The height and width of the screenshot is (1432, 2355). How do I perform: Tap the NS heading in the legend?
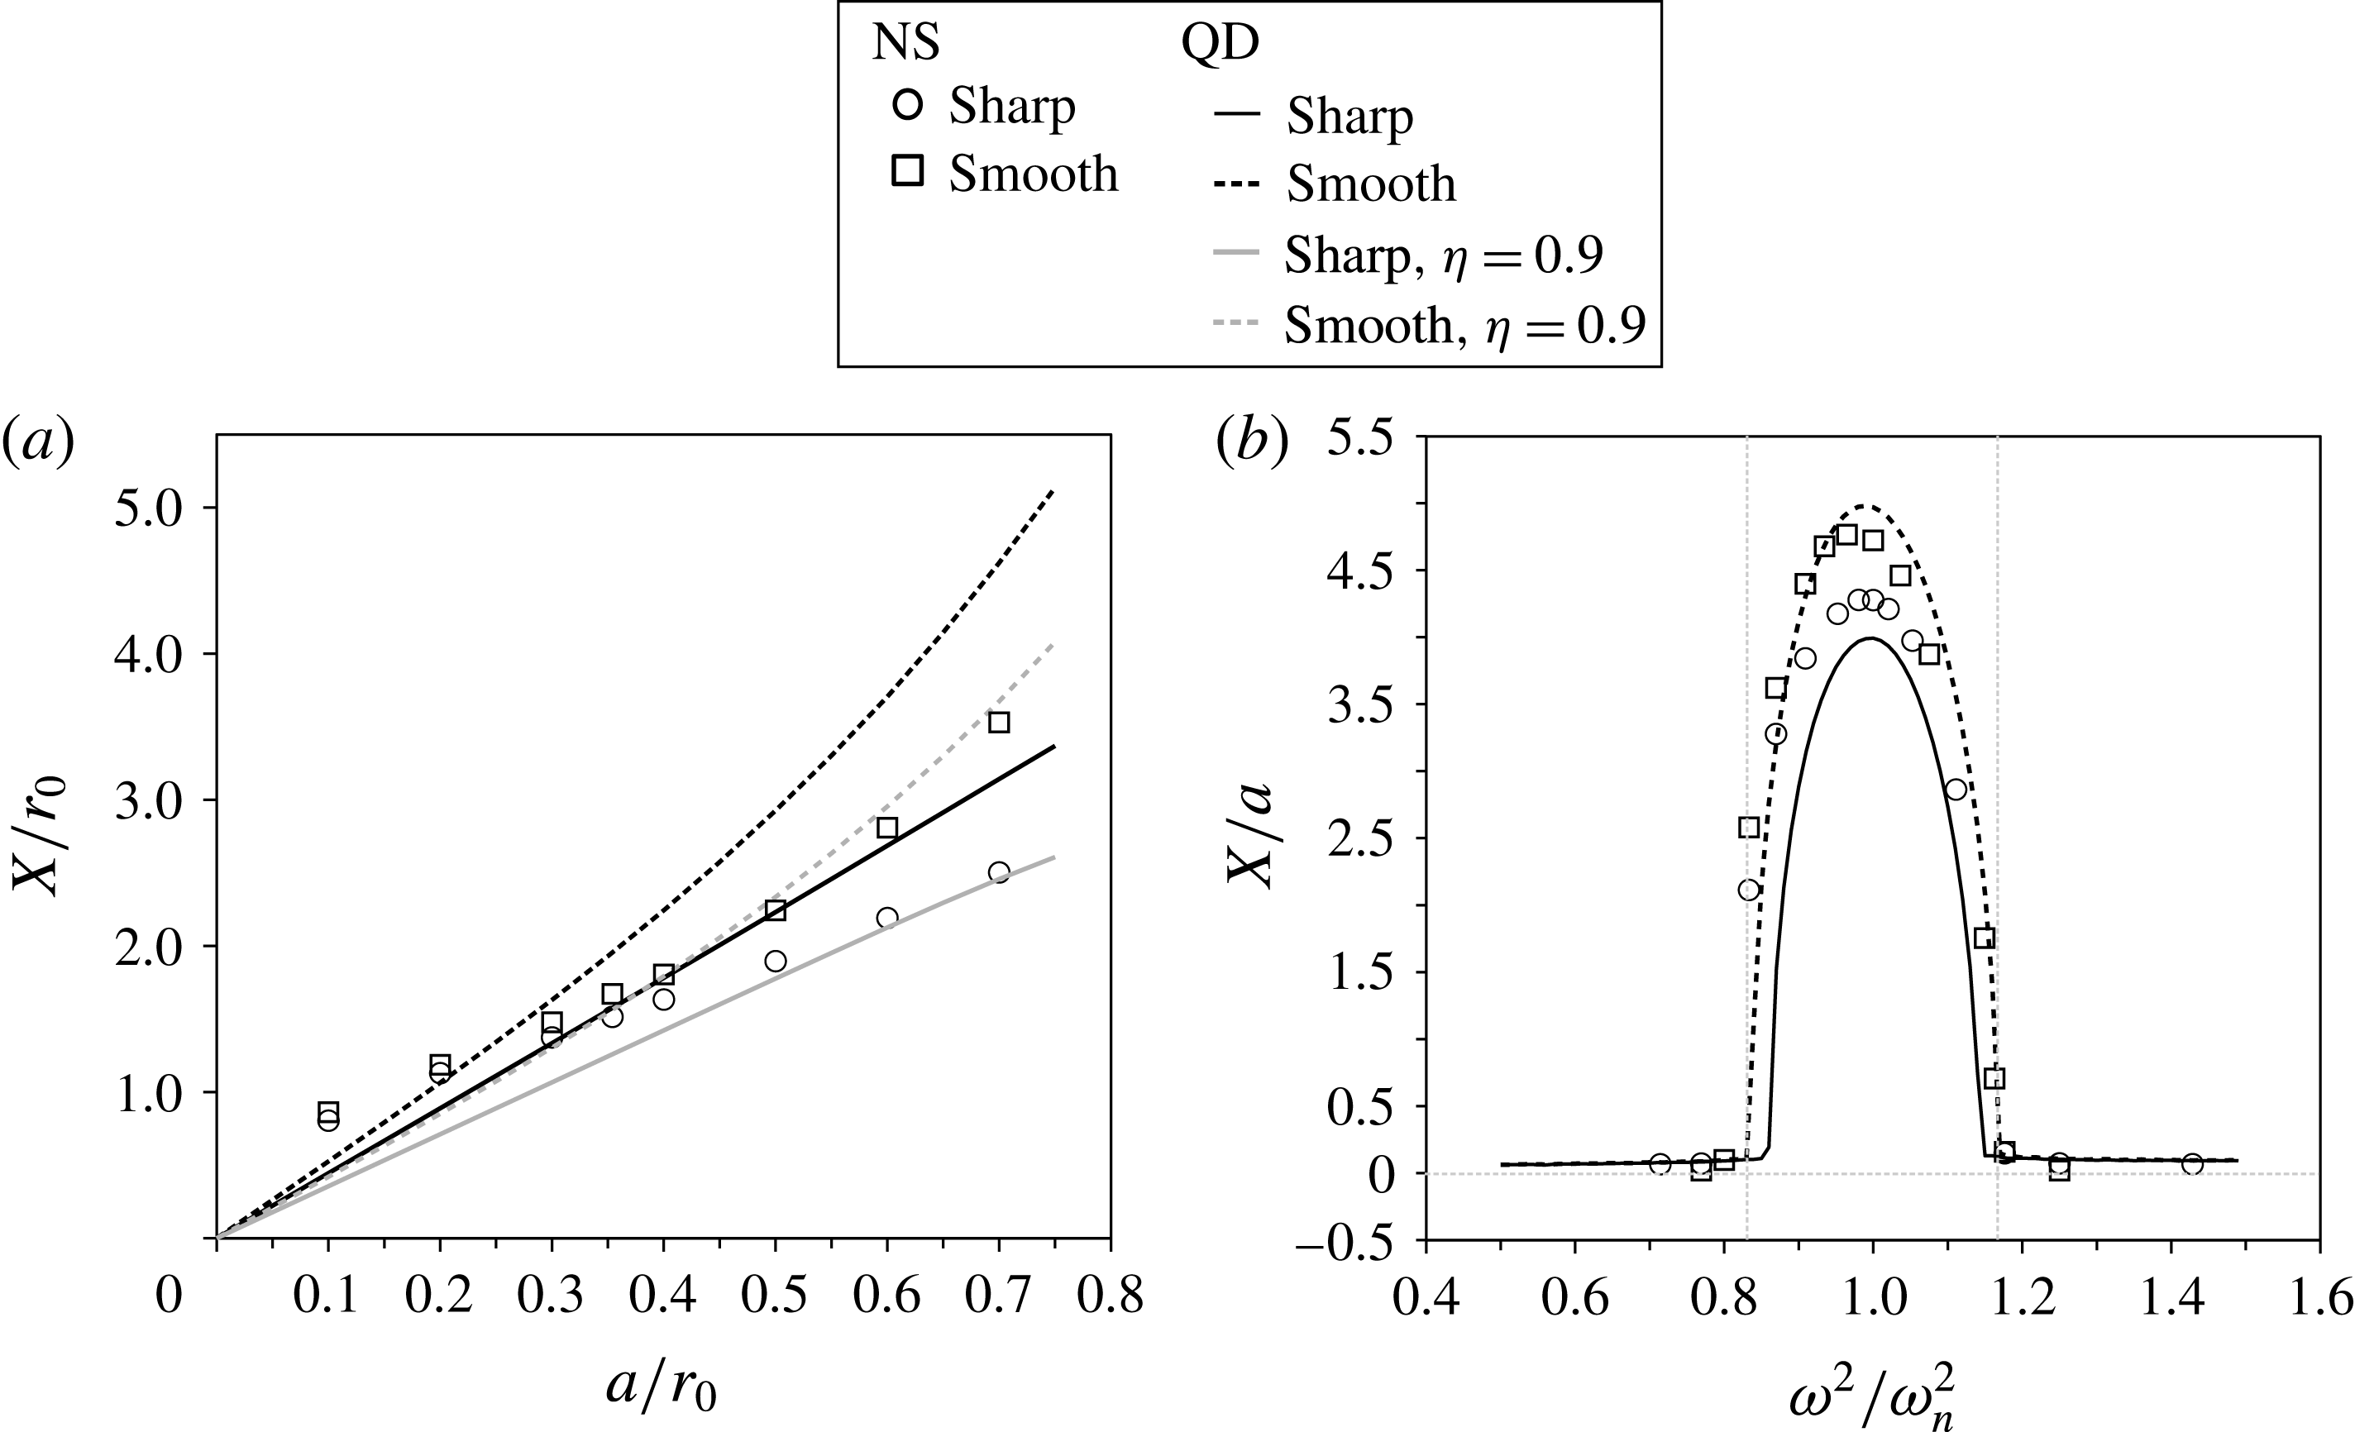tap(905, 43)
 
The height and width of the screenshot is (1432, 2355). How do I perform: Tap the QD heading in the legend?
tap(1220, 43)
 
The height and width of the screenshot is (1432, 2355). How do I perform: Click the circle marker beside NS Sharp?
tap(907, 105)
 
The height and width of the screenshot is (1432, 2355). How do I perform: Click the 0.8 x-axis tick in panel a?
tap(1110, 1297)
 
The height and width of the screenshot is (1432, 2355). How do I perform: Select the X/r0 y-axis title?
tap(38, 838)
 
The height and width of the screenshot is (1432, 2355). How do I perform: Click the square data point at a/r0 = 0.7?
tap(999, 722)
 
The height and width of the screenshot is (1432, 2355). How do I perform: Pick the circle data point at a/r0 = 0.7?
tap(999, 871)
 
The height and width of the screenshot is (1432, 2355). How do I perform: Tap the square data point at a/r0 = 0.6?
tap(887, 827)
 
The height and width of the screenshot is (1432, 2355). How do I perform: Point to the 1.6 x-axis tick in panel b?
tap(2319, 1297)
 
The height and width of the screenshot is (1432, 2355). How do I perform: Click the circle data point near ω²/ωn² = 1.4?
tap(2193, 1163)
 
